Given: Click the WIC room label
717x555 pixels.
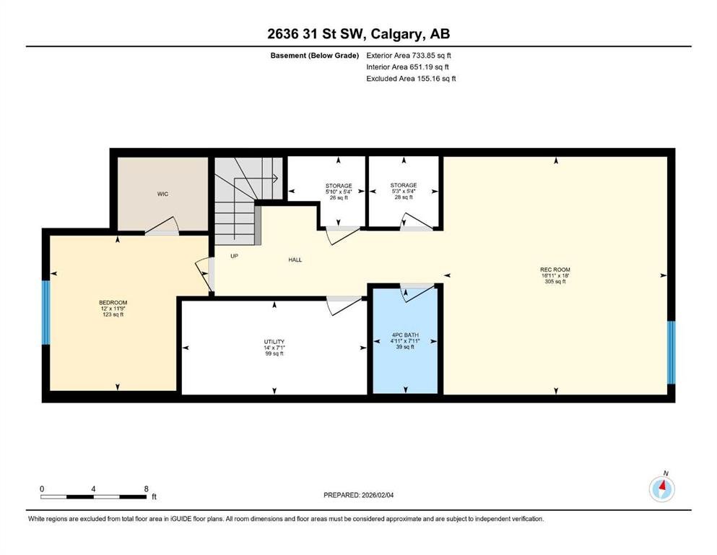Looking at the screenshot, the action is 162,194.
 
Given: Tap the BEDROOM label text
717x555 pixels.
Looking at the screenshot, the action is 113,303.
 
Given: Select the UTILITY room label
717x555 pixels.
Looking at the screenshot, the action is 274,342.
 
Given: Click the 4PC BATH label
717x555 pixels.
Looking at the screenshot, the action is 405,335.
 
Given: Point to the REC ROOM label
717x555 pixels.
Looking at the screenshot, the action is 555,270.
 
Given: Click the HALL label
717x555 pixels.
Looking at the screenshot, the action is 295,259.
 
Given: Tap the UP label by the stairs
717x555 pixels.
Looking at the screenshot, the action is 234,257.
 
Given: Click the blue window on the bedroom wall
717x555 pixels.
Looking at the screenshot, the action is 45,312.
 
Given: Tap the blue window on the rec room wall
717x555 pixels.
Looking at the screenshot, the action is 672,353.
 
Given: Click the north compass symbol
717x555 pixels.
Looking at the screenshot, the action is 662,489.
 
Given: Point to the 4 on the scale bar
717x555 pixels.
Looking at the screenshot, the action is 93,489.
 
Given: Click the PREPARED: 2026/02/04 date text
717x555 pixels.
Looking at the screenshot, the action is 358,495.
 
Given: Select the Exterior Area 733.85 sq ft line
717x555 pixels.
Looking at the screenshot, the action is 409,56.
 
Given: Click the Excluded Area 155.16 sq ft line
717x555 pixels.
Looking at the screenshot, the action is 411,78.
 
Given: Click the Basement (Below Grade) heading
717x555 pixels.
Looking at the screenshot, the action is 315,56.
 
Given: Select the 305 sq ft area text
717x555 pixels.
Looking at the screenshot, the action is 555,281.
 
